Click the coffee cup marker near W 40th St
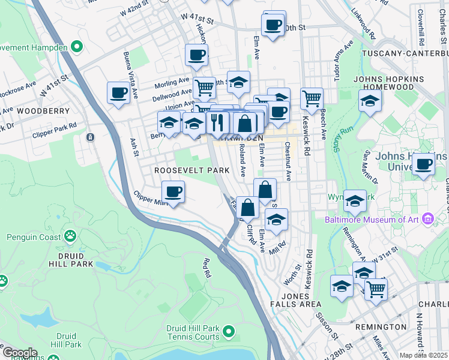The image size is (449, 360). click(x=273, y=25)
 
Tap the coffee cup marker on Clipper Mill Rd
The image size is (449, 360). click(x=173, y=192)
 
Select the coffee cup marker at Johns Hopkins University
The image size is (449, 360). click(x=424, y=164)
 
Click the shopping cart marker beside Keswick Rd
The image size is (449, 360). click(x=312, y=98)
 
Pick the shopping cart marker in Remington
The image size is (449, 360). click(x=376, y=289)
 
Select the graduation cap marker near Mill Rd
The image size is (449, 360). click(x=276, y=219)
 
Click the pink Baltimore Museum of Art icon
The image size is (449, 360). click(x=427, y=218)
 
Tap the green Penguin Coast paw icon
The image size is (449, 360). click(x=70, y=236)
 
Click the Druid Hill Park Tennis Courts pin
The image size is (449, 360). click(x=228, y=331)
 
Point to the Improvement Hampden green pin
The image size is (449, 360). click(x=76, y=46)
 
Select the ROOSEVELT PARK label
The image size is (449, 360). click(x=191, y=170)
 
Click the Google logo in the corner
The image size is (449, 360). click(x=19, y=353)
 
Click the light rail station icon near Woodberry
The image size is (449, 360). click(x=90, y=137)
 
